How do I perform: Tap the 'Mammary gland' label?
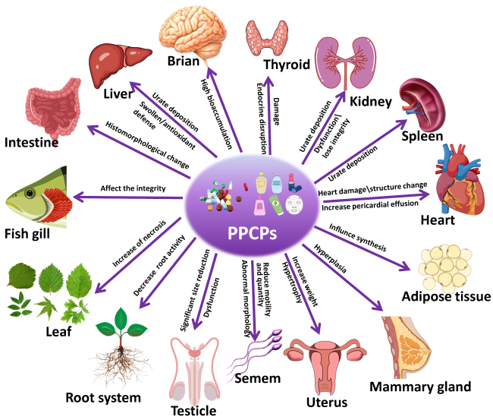pyautogui.click(x=420, y=386)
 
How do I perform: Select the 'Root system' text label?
pyautogui.click(x=113, y=397)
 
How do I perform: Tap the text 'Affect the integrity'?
pyautogui.click(x=133, y=189)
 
